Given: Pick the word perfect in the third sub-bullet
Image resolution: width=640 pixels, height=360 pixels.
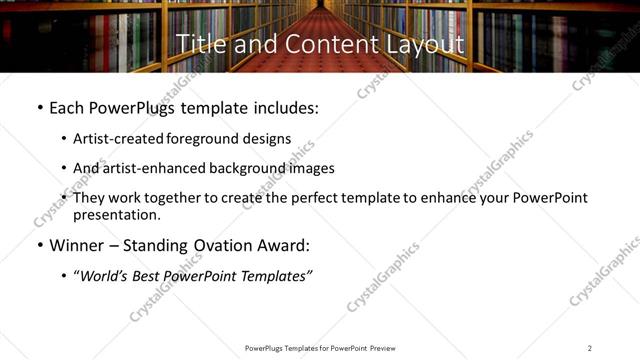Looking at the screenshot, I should (x=304, y=198).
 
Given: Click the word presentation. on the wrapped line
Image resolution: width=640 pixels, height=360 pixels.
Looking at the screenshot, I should (x=116, y=214).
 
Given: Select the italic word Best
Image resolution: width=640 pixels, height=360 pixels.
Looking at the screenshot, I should (x=150, y=276).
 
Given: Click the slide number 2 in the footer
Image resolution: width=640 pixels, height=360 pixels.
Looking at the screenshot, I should (x=589, y=348).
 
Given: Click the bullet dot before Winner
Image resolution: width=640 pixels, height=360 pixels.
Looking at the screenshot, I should (x=39, y=245).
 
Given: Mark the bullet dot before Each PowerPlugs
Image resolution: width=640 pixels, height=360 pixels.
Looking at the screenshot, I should (x=39, y=107).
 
